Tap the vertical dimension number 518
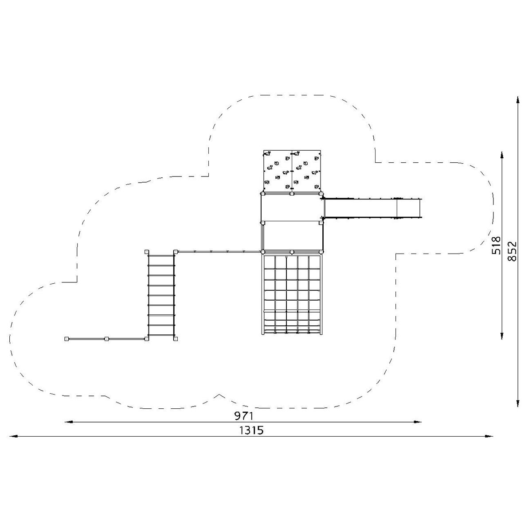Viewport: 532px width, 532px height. click(496, 245)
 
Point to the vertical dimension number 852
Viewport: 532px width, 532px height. click(512, 251)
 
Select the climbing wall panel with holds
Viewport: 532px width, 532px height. click(292, 171)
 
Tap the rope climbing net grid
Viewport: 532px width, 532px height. click(292, 294)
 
